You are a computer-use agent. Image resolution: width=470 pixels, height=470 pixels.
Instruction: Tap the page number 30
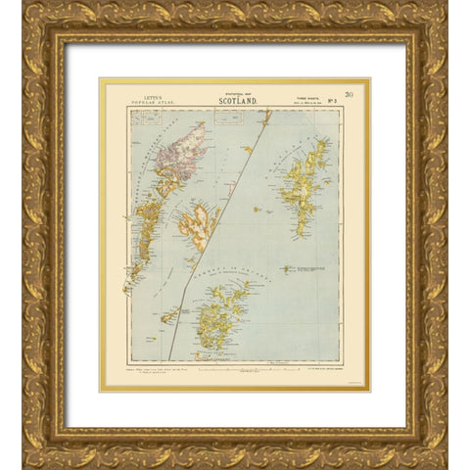350,92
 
